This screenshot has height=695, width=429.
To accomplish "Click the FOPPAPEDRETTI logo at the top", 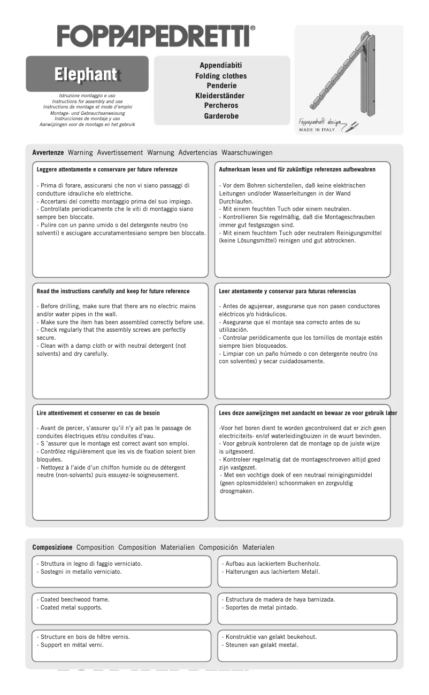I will tap(156, 36).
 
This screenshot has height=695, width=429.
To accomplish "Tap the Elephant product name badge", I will tap(87, 74).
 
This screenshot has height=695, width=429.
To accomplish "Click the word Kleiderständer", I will tap(220, 96).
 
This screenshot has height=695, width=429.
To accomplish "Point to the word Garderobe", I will tap(221, 116).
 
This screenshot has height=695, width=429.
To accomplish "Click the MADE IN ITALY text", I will tap(317, 130).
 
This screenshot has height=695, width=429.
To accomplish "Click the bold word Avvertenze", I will tap(48, 153).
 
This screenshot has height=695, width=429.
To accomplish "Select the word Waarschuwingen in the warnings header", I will tap(247, 153).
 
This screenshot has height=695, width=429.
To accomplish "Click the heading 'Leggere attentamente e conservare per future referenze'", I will tap(107, 170).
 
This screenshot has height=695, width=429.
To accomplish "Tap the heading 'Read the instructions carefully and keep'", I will tap(113, 292).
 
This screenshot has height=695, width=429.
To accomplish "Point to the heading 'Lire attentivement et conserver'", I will tap(98, 413).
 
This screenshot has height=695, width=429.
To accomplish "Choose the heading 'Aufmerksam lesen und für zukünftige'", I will tap(297, 170).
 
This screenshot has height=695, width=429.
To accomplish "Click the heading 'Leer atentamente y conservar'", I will tap(287, 292).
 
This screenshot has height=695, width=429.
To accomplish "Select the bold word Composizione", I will tap(52, 548).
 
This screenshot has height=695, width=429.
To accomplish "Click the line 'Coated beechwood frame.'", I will tap(75, 600).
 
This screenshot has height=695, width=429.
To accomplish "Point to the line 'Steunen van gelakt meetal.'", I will tap(259, 645).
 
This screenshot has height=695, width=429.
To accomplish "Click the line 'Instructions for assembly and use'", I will tap(87, 101).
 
